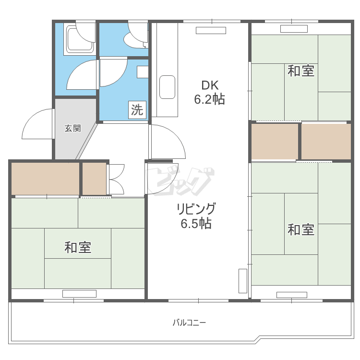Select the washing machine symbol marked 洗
(137, 110)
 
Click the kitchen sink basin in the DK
(167, 87)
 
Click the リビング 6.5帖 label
(196, 216)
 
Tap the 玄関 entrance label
(72, 128)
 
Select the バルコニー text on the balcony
(189, 323)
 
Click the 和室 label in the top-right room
(301, 71)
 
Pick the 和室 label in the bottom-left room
(78, 248)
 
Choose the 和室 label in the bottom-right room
(301, 229)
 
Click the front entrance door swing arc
(37, 124)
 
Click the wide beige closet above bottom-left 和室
(45, 179)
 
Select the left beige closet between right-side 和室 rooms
(275, 141)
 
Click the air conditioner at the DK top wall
(210, 31)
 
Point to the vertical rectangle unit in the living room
(242, 281)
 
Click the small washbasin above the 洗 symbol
(143, 72)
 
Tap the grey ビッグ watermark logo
(180, 181)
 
